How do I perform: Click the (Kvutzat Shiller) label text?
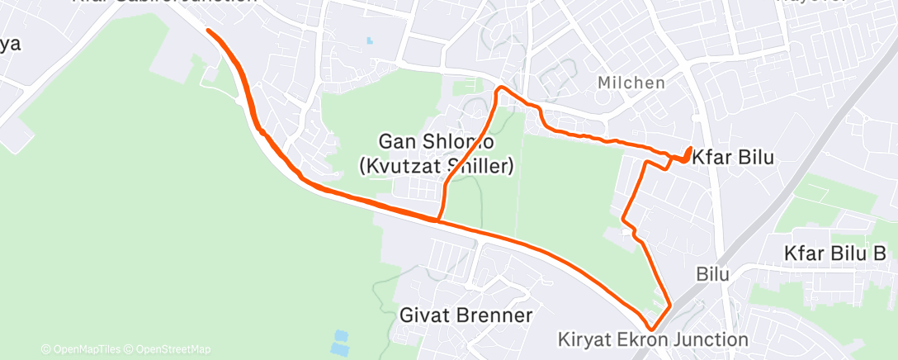coord(437,166)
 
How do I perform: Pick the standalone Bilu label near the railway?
coord(712,273)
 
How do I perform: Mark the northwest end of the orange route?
coord(208,31)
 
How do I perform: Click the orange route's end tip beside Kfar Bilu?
coord(690,149)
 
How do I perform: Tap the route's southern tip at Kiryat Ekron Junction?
coord(655,329)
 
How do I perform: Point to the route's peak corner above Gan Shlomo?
coord(499,88)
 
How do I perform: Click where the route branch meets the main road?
coord(437,220)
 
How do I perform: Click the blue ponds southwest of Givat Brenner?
coord(339,343)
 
